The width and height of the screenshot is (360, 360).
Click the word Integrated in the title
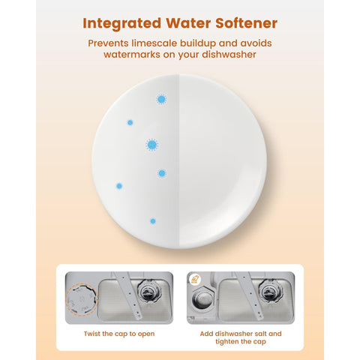122,24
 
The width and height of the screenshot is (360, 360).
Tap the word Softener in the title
247,23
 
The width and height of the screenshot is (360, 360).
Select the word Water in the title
188,23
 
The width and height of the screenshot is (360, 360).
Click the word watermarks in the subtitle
132,55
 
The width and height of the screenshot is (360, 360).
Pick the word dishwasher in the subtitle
229,55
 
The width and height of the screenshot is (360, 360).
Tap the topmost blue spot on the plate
161,100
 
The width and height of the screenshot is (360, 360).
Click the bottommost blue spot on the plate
153,221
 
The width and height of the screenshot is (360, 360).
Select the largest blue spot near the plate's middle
151,145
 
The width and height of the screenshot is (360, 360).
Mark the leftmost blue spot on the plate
119,186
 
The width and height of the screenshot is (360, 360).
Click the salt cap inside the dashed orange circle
82,299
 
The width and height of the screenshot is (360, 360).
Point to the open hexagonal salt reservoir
202,299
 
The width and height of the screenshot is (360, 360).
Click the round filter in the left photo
148,292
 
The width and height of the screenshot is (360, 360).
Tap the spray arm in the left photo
128,295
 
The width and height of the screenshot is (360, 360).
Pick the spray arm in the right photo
250,295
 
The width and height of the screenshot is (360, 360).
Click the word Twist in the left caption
92,334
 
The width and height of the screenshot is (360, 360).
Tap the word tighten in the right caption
228,342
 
